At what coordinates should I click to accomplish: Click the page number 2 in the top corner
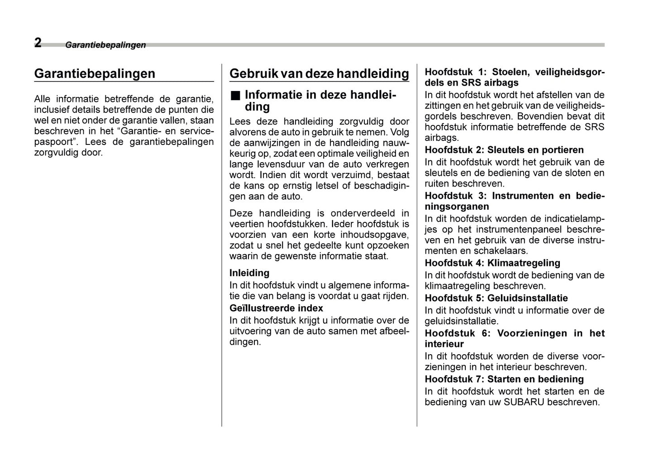[x=38, y=43]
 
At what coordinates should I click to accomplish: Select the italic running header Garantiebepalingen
[x=105, y=45]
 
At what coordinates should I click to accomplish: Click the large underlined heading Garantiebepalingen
[x=95, y=73]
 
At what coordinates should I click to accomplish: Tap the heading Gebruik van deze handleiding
[x=319, y=73]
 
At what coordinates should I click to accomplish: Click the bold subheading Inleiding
[x=249, y=273]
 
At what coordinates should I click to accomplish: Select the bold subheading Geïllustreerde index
[x=276, y=308]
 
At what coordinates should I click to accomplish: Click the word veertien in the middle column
[x=247, y=224]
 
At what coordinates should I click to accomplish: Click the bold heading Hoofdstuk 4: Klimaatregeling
[x=492, y=263]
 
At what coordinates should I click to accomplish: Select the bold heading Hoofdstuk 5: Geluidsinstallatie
[x=496, y=298]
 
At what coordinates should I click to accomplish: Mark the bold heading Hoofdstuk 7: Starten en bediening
[x=504, y=379]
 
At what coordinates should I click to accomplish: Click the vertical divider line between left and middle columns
[x=222, y=245]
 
